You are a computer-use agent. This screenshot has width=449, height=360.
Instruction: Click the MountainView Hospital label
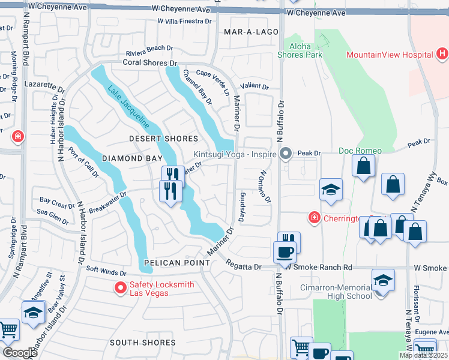click(390, 55)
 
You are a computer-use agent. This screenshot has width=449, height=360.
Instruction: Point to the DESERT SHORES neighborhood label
click(155, 139)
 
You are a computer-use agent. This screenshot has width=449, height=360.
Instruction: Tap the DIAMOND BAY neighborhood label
click(132, 158)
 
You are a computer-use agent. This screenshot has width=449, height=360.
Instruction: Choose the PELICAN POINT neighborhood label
click(176, 263)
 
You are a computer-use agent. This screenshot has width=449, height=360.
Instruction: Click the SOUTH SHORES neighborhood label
click(143, 343)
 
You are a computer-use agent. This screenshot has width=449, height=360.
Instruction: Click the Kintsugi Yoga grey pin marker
click(286, 154)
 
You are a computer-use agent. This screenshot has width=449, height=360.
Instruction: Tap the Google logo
click(20, 353)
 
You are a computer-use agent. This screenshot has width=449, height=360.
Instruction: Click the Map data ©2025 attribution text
click(423, 355)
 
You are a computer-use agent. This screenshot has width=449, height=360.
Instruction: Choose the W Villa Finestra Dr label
click(185, 20)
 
